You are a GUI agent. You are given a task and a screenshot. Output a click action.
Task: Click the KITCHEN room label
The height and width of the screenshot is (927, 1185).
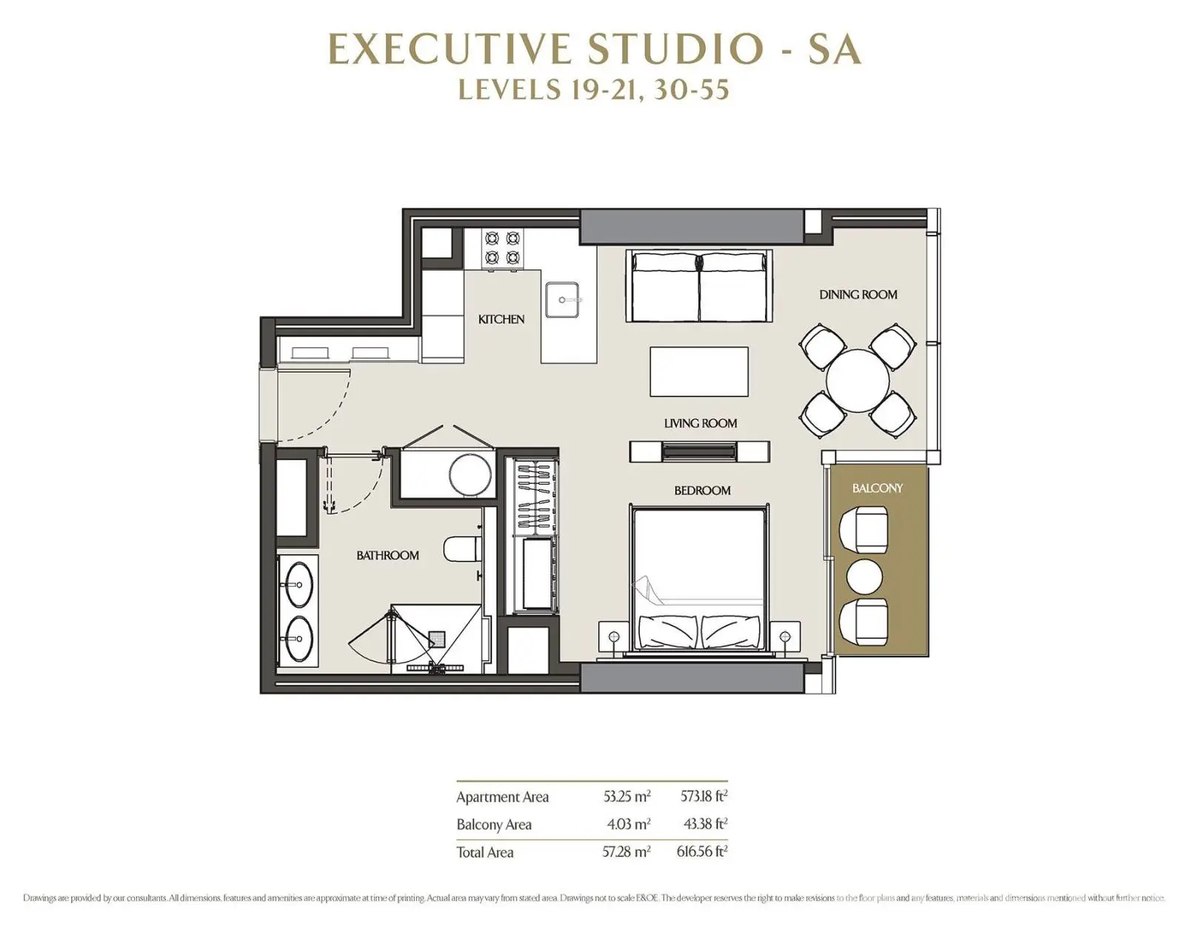tap(501, 319)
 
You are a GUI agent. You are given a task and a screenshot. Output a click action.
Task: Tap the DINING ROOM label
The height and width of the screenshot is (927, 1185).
tap(858, 295)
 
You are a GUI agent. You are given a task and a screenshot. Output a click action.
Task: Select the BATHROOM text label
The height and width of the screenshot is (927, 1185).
tap(388, 556)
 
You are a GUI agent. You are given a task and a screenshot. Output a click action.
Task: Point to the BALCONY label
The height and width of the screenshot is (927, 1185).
tap(878, 488)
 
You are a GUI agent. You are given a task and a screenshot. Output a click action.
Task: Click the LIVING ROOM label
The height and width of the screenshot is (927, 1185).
tap(700, 423)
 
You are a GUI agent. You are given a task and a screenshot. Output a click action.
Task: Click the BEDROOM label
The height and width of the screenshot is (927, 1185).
tap(702, 491)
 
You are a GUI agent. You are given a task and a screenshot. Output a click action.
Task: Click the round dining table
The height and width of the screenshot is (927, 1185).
tap(857, 382)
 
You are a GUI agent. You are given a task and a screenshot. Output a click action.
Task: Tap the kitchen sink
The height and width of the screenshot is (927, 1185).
tap(561, 299)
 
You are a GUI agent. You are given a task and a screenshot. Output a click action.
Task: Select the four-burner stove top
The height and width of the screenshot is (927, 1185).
tap(501, 249)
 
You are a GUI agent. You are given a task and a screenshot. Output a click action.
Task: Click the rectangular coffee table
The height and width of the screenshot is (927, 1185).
tap(698, 371)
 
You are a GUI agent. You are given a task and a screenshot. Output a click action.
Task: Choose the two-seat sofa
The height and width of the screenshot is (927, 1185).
tap(699, 286)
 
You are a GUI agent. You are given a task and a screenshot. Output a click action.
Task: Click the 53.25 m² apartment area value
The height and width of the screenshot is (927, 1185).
tap(627, 797)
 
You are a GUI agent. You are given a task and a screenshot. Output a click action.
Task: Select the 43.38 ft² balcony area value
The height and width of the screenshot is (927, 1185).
tap(705, 824)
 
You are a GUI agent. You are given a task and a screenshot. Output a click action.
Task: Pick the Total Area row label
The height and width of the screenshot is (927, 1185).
tap(485, 852)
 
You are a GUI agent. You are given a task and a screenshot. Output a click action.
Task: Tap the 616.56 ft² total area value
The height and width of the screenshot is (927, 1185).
tap(702, 851)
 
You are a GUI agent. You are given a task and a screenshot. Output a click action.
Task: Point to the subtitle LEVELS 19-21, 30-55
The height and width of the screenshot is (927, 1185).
tap(593, 89)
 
